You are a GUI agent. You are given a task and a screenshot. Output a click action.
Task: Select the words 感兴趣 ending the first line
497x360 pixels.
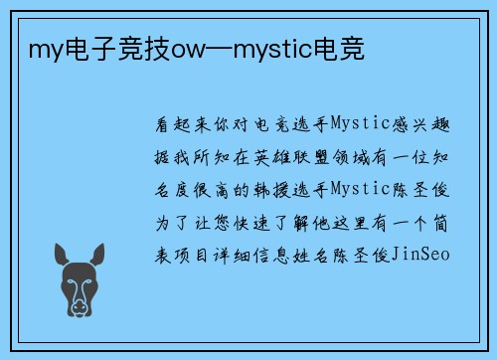tap(428, 127)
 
